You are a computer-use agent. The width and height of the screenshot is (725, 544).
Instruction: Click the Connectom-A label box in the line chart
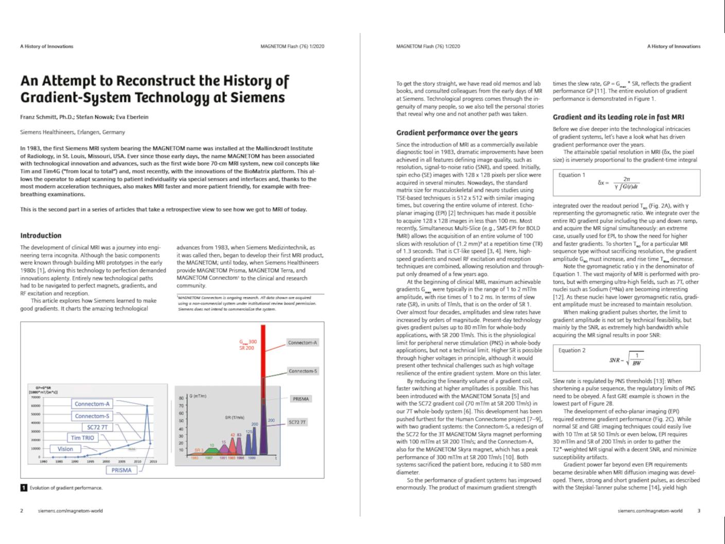pos(92,404)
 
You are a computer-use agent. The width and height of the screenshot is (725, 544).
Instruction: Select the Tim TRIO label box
pos(82,438)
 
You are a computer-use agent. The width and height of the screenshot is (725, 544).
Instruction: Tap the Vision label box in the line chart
pos(65,449)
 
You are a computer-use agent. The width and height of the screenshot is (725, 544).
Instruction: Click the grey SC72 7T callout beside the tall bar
pos(297,422)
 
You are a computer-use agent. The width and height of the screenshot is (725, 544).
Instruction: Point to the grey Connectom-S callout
pos(303,371)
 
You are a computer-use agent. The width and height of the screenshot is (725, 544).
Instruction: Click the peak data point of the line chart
pos(147,406)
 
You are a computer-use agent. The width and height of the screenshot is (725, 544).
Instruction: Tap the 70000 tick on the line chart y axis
pos(36,397)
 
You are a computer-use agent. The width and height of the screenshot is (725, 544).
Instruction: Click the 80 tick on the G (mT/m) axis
pos(181,398)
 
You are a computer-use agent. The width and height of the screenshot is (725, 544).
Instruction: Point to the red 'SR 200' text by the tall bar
pos(247,348)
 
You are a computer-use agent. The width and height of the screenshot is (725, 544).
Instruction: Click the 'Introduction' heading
pos(41,235)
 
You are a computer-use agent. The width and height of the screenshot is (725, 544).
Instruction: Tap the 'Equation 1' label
pos(572,175)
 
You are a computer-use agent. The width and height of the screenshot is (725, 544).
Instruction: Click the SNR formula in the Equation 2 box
pos(626,360)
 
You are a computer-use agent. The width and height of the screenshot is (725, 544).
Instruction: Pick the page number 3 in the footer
pos(699,511)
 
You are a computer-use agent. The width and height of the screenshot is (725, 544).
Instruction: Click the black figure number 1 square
pos(24,487)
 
